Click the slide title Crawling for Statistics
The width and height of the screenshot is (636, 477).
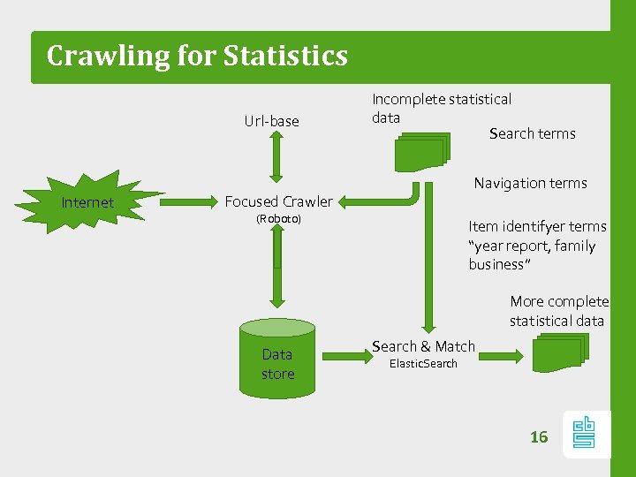(197, 56)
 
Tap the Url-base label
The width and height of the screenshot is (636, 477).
(271, 121)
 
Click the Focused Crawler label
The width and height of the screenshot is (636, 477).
(278, 201)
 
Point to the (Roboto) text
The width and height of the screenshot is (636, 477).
(278, 218)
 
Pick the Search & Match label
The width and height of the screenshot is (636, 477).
(424, 346)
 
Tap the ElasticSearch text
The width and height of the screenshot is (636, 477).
(424, 363)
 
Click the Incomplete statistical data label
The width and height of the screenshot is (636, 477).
(441, 108)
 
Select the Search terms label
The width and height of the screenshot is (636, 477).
(532, 133)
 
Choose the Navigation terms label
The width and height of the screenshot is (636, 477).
(530, 183)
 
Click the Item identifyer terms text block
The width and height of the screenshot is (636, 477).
(536, 246)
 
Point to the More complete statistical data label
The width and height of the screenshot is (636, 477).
(558, 311)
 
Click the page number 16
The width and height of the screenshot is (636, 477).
(539, 436)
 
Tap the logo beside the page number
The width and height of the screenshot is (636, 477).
(584, 434)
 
